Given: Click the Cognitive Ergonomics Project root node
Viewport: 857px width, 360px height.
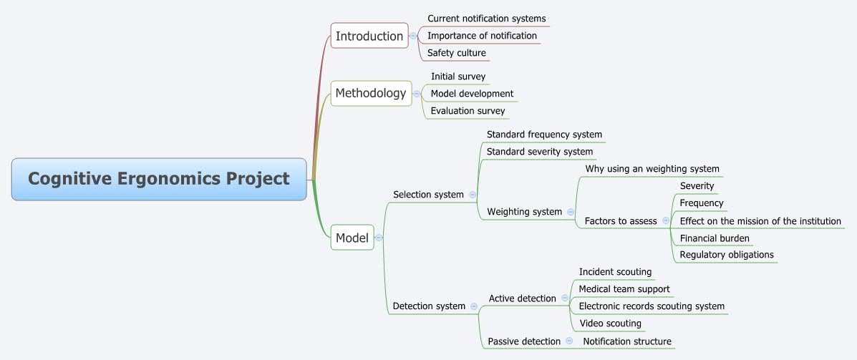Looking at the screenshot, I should click(x=159, y=179).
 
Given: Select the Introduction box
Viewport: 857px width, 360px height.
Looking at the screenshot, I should click(x=369, y=36).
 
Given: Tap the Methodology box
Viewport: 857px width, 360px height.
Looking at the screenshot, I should click(x=371, y=93).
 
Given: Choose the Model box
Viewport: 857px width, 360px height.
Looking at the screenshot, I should click(x=352, y=238).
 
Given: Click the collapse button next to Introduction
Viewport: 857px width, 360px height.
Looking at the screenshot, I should click(x=413, y=36).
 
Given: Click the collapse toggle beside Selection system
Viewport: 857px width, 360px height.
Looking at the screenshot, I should click(x=473, y=195).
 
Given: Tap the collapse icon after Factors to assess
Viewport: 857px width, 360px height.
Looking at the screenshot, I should click(x=666, y=221).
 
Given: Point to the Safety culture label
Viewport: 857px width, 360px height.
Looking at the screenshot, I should click(x=456, y=53).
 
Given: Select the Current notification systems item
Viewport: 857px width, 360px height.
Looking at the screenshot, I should click(x=486, y=19).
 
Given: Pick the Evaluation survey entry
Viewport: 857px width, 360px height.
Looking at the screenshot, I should click(x=468, y=111).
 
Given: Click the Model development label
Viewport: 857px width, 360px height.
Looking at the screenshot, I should click(x=472, y=94).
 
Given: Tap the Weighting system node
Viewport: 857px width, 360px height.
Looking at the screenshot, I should click(x=524, y=212).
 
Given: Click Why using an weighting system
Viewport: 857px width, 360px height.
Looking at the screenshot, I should click(x=652, y=169).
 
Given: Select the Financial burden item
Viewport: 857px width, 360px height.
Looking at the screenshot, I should click(x=715, y=238).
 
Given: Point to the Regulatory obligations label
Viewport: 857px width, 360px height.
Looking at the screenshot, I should click(x=726, y=255).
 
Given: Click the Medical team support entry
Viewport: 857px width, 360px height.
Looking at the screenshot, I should click(x=624, y=289).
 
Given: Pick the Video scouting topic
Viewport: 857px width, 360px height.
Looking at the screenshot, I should click(x=610, y=323).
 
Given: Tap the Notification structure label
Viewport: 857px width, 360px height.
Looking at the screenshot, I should click(x=627, y=341).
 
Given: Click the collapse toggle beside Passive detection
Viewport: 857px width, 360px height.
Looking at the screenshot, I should click(x=569, y=341).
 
